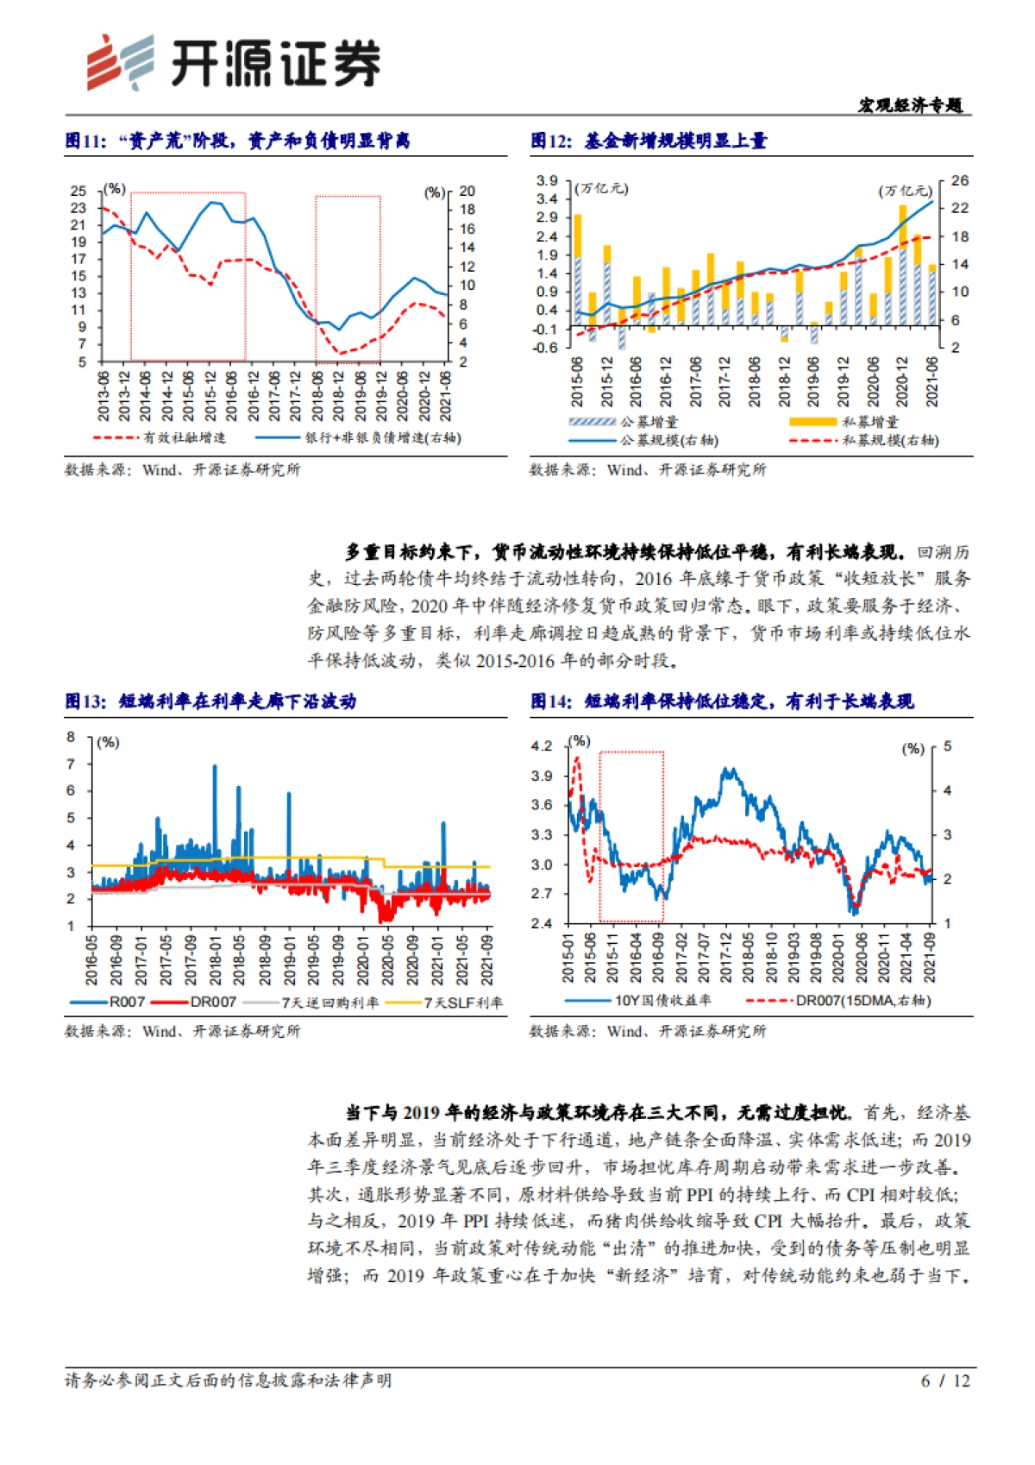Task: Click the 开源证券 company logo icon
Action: click(119, 62)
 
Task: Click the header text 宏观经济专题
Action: click(910, 105)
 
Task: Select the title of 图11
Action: click(237, 141)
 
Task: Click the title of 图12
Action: click(649, 141)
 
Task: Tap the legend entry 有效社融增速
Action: click(184, 438)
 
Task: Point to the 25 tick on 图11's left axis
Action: click(78, 191)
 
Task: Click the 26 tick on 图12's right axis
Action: click(959, 181)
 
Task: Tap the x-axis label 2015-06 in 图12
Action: click(577, 382)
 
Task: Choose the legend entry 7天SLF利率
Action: click(462, 1003)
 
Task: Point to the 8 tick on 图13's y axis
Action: click(71, 737)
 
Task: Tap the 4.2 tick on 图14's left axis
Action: click(541, 746)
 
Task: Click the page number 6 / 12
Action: click(945, 1380)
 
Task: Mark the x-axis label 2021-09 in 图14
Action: click(930, 958)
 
